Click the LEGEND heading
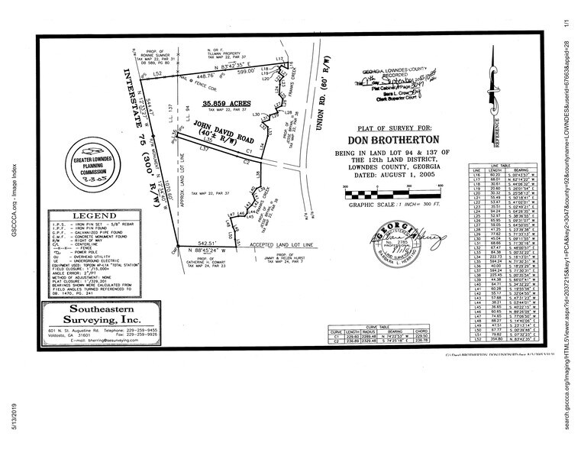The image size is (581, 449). [93, 218]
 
